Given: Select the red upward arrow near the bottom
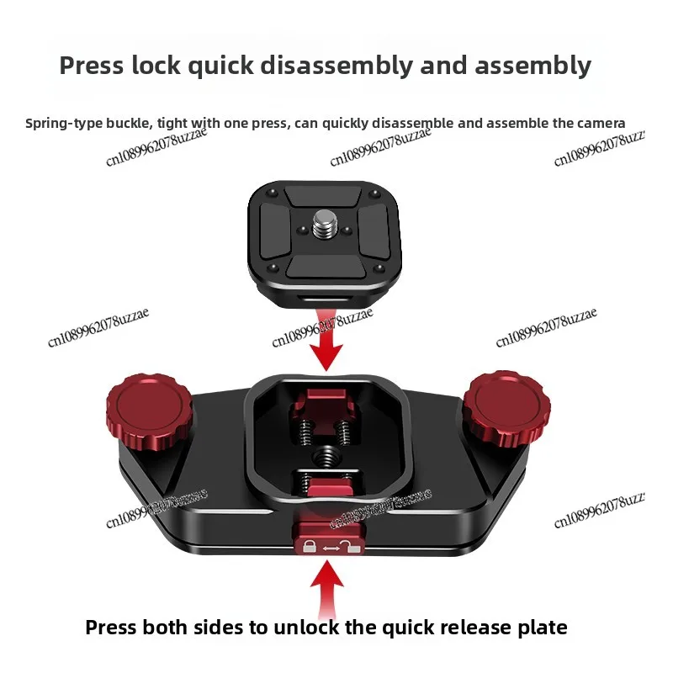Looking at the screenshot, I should pos(328,584).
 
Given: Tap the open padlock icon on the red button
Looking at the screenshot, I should pos(352,546).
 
